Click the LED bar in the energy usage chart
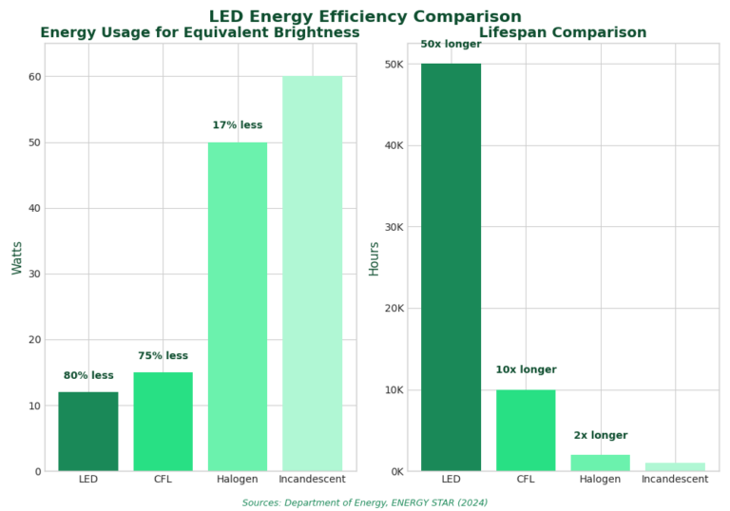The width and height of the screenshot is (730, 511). [88, 431]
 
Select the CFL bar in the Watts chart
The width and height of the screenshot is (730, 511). [163, 422]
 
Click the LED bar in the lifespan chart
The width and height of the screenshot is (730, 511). [451, 267]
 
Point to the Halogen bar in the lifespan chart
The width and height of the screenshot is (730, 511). [600, 463]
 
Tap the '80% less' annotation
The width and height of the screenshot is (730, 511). [88, 376]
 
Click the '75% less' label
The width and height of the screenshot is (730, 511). [163, 356]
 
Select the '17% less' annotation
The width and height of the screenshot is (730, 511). [238, 125]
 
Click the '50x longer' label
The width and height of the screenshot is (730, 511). [451, 45]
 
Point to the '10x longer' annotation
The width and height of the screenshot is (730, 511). [526, 370]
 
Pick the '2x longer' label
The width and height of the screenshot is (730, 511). [600, 436]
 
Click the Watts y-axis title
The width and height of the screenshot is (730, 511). [17, 257]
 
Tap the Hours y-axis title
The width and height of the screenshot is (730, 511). [374, 257]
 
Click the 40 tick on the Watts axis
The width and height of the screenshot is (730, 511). [35, 209]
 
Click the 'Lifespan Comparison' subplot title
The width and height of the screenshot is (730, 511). [563, 33]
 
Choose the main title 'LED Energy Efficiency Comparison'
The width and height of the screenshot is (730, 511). [365, 17]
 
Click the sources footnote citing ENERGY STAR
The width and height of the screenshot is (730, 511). [365, 502]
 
